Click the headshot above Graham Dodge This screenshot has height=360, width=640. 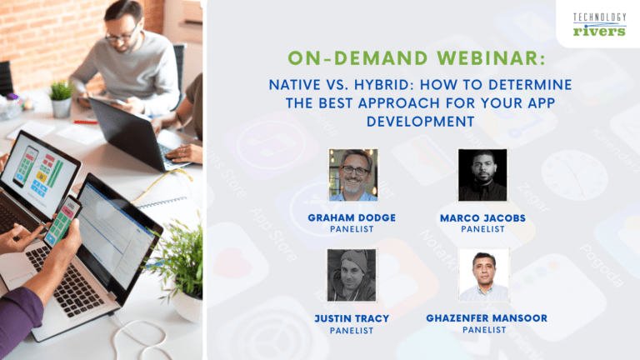pos(352,175)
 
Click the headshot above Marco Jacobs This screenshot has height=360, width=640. pos(482,175)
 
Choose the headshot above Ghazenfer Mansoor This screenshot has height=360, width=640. pos(482,275)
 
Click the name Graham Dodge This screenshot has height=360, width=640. pos(352,217)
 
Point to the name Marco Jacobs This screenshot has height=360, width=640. pos(482,217)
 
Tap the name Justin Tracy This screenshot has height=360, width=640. pos(352,318)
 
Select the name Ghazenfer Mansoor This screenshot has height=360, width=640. pos(482,318)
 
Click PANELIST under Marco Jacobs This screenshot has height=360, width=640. pos(482,229)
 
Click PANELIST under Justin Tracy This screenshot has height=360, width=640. pos(352,330)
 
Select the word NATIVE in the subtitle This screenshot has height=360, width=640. pos(293,85)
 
